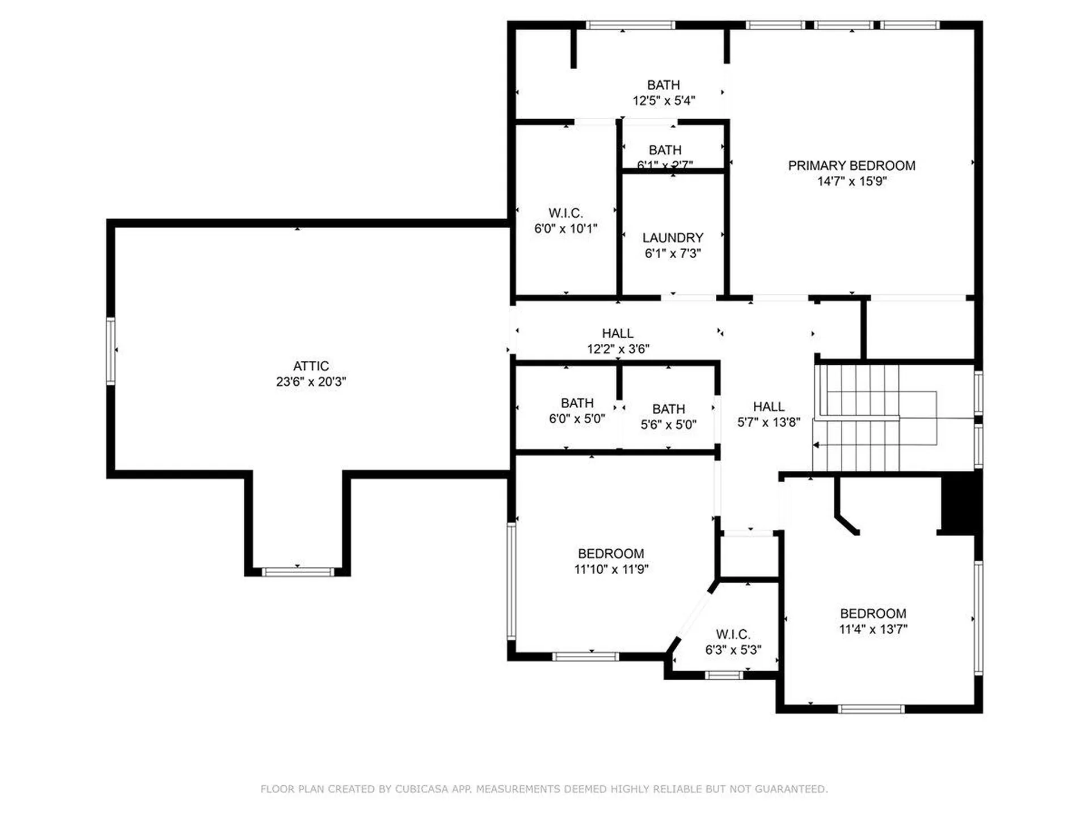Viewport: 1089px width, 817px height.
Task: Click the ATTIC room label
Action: (x=311, y=366)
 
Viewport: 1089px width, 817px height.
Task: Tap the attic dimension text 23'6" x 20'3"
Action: (x=311, y=382)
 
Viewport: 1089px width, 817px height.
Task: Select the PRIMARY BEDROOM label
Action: (x=851, y=166)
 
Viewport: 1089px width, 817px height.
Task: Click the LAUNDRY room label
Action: (x=673, y=238)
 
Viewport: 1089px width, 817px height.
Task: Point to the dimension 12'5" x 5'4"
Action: (x=664, y=101)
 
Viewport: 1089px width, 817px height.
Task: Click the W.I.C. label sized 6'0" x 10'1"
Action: (x=565, y=213)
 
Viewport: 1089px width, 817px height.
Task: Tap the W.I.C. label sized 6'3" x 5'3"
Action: (x=733, y=634)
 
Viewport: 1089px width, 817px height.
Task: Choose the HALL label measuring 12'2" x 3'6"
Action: (x=618, y=334)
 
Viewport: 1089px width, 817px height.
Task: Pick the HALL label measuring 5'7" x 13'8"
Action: (x=769, y=407)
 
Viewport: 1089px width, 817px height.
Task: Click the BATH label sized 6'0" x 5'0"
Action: (x=577, y=403)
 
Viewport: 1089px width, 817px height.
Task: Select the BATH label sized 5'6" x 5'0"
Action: (x=668, y=409)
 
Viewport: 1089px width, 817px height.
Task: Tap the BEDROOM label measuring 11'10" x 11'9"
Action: (x=611, y=554)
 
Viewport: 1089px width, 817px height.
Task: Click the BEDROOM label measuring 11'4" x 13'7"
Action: (x=873, y=614)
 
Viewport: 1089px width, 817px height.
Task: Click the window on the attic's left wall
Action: (x=111, y=351)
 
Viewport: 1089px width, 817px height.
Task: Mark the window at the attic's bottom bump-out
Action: (x=298, y=572)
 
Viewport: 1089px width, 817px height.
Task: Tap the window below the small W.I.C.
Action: (x=724, y=675)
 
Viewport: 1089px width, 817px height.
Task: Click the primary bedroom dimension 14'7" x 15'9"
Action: (x=851, y=182)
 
